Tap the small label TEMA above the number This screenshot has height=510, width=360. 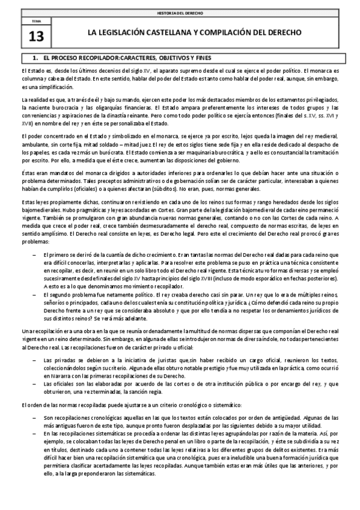[35, 22]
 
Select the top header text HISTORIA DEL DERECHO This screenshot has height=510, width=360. [179, 12]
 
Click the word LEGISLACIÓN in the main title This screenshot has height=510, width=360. [114, 32]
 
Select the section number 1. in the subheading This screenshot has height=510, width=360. [35, 58]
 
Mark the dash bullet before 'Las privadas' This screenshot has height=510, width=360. [35, 359]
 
